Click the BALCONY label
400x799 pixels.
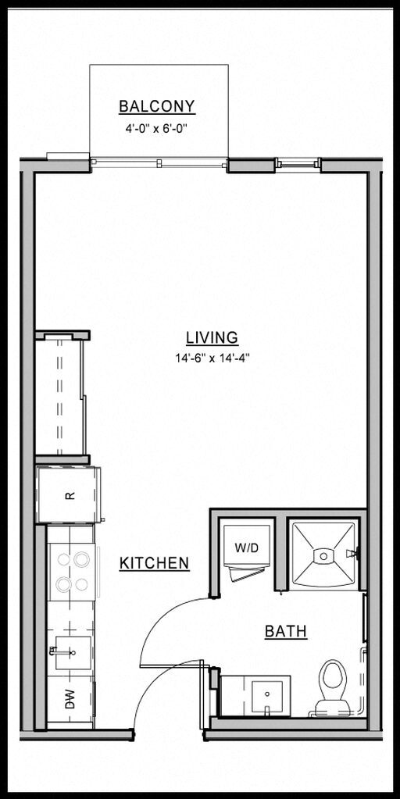pos(156,106)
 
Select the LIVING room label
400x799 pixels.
pos(212,337)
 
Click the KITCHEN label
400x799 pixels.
pos(155,562)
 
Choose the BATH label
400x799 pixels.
pos(285,631)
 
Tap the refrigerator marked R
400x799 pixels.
pos(68,494)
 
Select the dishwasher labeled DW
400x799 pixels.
pos(69,701)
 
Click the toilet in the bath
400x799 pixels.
pos(333,683)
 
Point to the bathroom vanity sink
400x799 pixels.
pos(269,694)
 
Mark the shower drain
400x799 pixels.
pos(323,555)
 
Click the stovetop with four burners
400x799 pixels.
pos(72,572)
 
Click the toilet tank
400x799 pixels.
pos(332,707)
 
